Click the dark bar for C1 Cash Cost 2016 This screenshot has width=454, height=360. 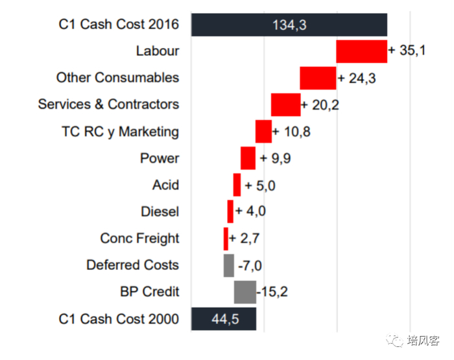pyautogui.click(x=289, y=25)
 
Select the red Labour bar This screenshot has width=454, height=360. pyautogui.click(x=361, y=51)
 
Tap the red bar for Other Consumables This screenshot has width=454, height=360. pyautogui.click(x=318, y=78)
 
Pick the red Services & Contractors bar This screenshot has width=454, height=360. pyautogui.click(x=285, y=104)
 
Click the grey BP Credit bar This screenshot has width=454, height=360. pyautogui.click(x=245, y=292)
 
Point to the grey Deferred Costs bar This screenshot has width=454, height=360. pyautogui.click(x=228, y=265)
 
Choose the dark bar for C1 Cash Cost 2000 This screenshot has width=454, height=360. pyautogui.click(x=224, y=318)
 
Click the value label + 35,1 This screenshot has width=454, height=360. pyautogui.click(x=407, y=51)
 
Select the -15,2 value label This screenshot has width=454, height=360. pyautogui.click(x=272, y=292)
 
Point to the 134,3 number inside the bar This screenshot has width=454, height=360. pyautogui.click(x=290, y=25)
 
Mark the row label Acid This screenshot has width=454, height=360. pyautogui.click(x=165, y=185)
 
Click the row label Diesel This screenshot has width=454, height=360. pyautogui.click(x=160, y=211)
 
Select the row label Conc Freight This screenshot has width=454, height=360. pyautogui.click(x=139, y=238)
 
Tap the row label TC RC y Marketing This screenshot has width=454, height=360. pyautogui.click(x=120, y=132)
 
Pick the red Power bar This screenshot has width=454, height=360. pyautogui.click(x=248, y=158)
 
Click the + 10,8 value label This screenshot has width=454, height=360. pyautogui.click(x=291, y=132)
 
